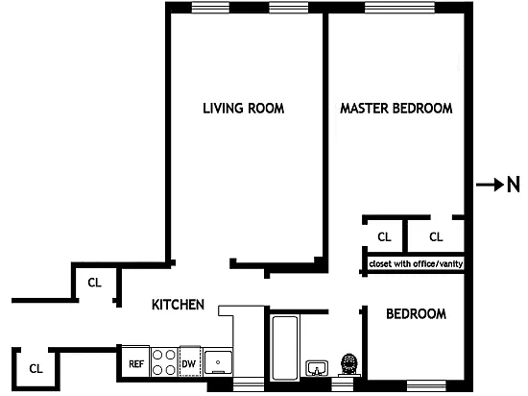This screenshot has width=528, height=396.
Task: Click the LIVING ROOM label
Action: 244,109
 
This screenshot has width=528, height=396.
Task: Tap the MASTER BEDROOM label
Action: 396,109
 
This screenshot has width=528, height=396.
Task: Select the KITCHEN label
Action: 178,305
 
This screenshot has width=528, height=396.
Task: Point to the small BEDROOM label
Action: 416,314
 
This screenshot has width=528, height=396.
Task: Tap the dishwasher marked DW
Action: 189,361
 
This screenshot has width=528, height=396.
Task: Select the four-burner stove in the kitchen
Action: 164,362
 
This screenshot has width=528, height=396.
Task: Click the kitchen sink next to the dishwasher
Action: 218,362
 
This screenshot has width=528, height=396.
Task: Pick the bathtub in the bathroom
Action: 285,348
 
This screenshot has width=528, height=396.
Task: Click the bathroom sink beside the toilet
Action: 317,368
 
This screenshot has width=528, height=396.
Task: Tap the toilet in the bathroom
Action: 349,365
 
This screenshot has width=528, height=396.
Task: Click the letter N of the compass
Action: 514,186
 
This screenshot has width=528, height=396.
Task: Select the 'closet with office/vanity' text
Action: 416,263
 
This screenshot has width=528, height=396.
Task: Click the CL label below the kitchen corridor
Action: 36,369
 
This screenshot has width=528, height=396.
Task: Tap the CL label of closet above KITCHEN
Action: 95,283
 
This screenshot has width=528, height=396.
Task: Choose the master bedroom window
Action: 399,8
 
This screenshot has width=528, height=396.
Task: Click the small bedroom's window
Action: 426,385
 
